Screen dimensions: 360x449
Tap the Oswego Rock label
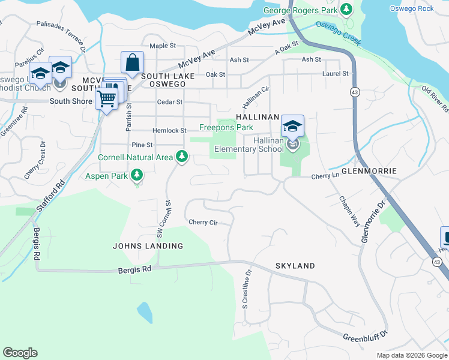(x=411, y=8)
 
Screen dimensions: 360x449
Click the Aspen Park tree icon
(x=137, y=175)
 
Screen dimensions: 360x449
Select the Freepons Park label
(x=226, y=127)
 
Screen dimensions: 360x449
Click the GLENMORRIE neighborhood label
(x=369, y=171)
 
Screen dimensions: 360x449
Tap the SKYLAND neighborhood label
(x=295, y=266)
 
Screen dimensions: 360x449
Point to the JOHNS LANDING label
(x=148, y=246)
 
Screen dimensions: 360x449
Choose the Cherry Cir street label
(x=202, y=222)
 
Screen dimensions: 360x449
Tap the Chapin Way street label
(x=349, y=210)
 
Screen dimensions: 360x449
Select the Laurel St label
(x=336, y=74)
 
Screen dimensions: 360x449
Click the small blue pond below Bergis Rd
(x=144, y=313)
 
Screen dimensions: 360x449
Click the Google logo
(x=20, y=353)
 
